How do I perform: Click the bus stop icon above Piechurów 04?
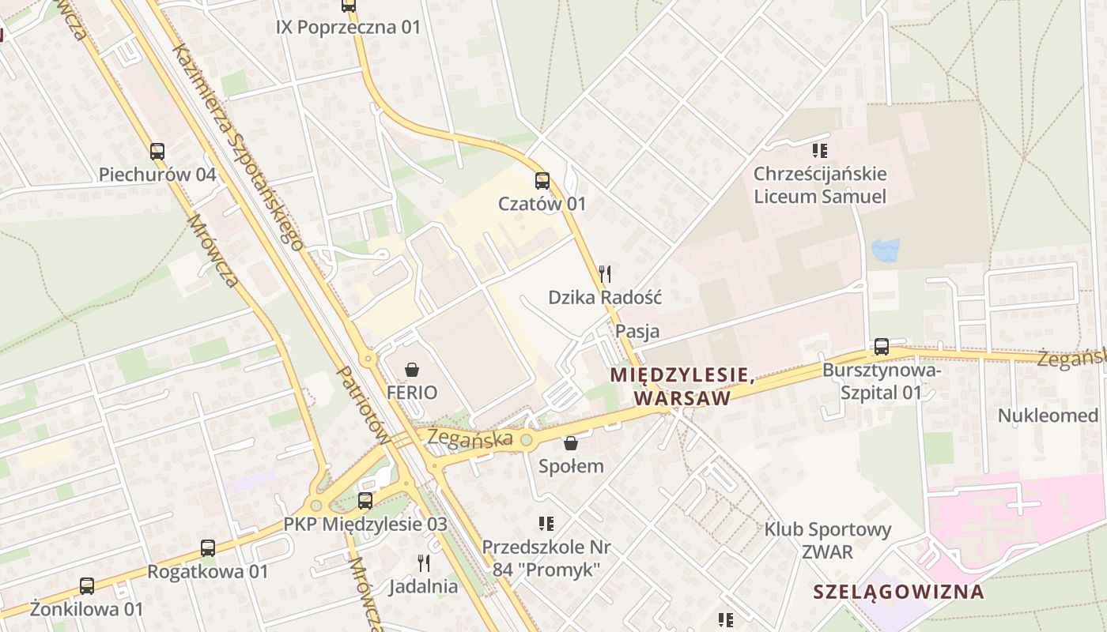tap(157, 151)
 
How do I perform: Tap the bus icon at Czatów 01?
tap(542, 181)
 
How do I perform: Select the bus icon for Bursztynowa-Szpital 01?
tap(881, 347)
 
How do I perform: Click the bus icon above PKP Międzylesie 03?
tap(365, 500)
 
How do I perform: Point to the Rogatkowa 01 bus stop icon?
tap(207, 547)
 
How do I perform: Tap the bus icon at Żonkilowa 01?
tap(87, 586)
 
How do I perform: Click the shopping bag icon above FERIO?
tap(411, 369)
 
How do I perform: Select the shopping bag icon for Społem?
tap(570, 443)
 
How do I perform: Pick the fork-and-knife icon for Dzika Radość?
tap(605, 274)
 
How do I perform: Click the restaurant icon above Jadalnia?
tap(424, 563)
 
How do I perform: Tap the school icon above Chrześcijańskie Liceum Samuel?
tap(820, 150)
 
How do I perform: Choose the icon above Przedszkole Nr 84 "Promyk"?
tap(546, 523)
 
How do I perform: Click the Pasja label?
tap(637, 331)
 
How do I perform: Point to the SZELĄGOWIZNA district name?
tap(899, 591)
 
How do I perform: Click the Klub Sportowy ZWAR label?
tap(827, 540)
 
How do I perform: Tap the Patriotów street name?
tap(362, 403)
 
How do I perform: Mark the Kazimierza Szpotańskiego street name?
tap(238, 146)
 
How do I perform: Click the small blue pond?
tap(885, 250)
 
